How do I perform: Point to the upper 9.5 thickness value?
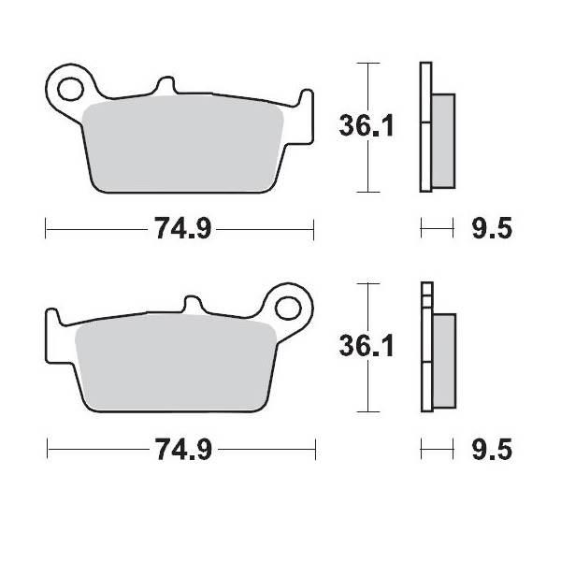click(x=492, y=228)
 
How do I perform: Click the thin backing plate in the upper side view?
click(x=426, y=126)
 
